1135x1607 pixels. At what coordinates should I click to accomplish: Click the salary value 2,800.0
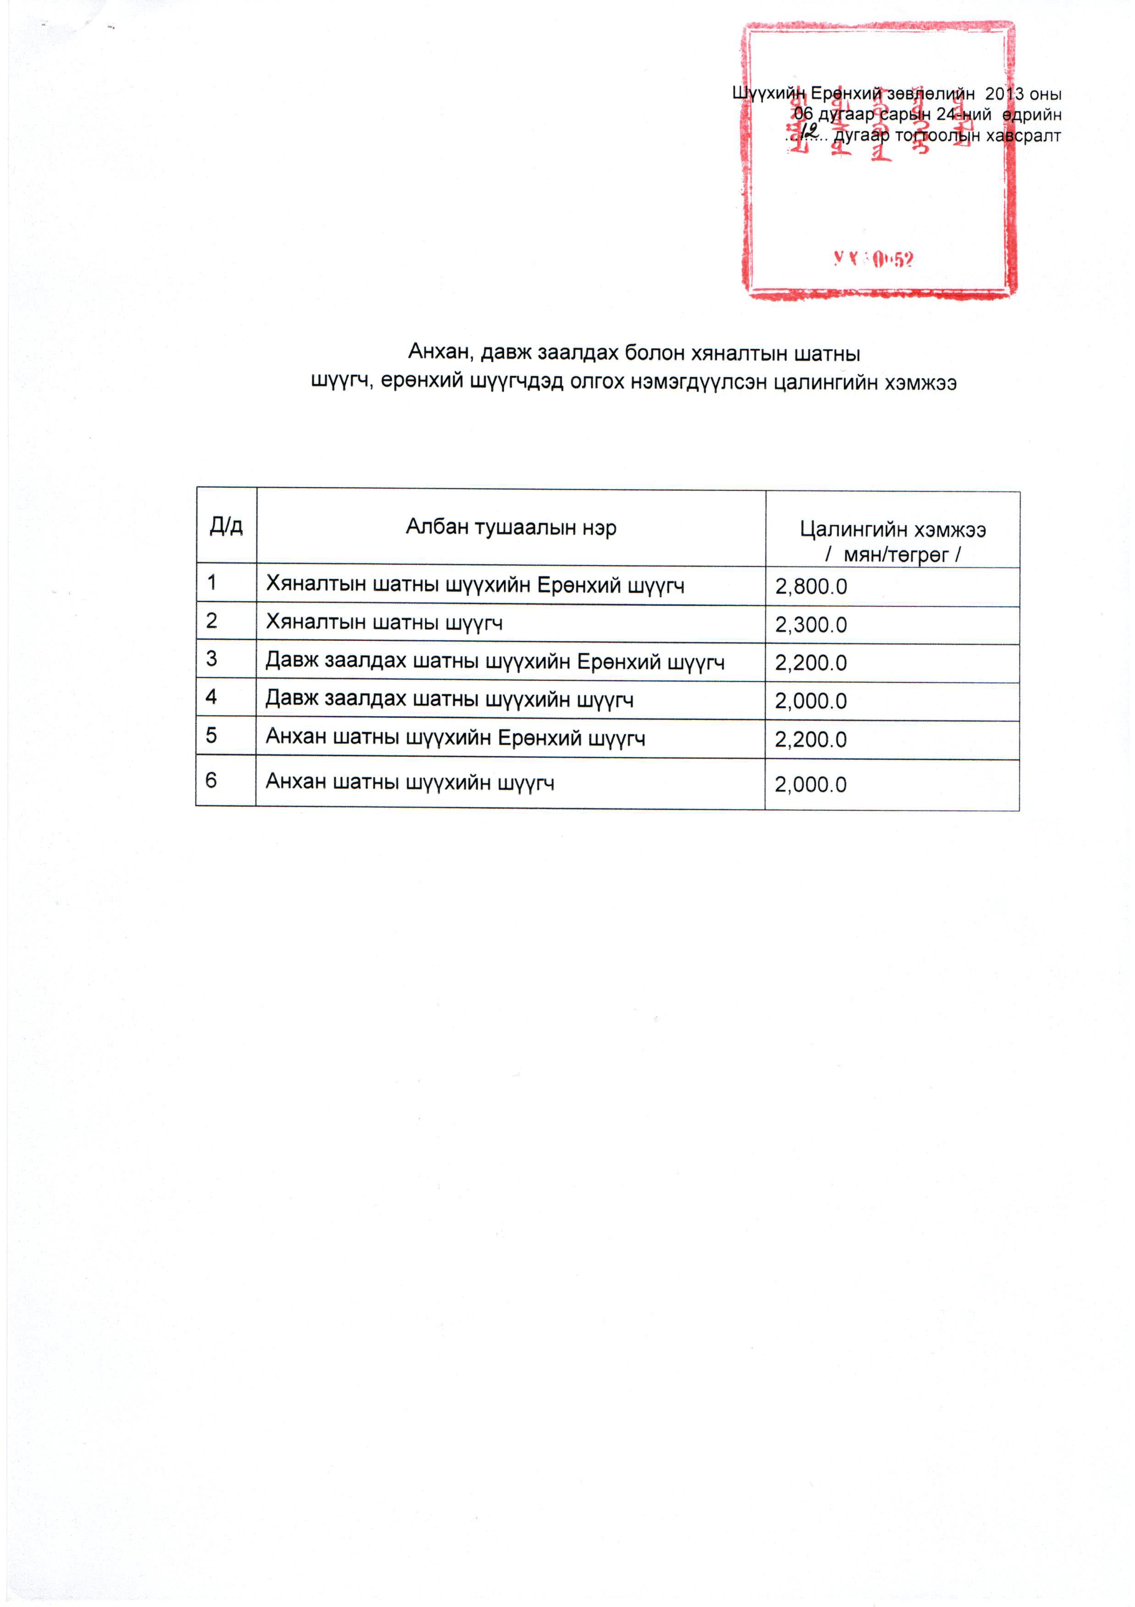tap(810, 587)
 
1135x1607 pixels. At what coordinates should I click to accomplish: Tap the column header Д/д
tap(226, 526)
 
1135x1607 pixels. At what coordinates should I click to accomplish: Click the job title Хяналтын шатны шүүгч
tap(384, 623)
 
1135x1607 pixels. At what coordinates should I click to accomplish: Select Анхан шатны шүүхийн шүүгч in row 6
tap(410, 782)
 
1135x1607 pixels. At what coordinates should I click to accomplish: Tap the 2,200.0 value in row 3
tap(810, 663)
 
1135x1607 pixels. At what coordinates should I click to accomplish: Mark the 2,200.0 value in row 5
tap(810, 740)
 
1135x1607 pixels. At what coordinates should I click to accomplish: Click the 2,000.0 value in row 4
tap(810, 701)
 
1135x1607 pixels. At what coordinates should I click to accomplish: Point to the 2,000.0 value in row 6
tap(810, 785)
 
